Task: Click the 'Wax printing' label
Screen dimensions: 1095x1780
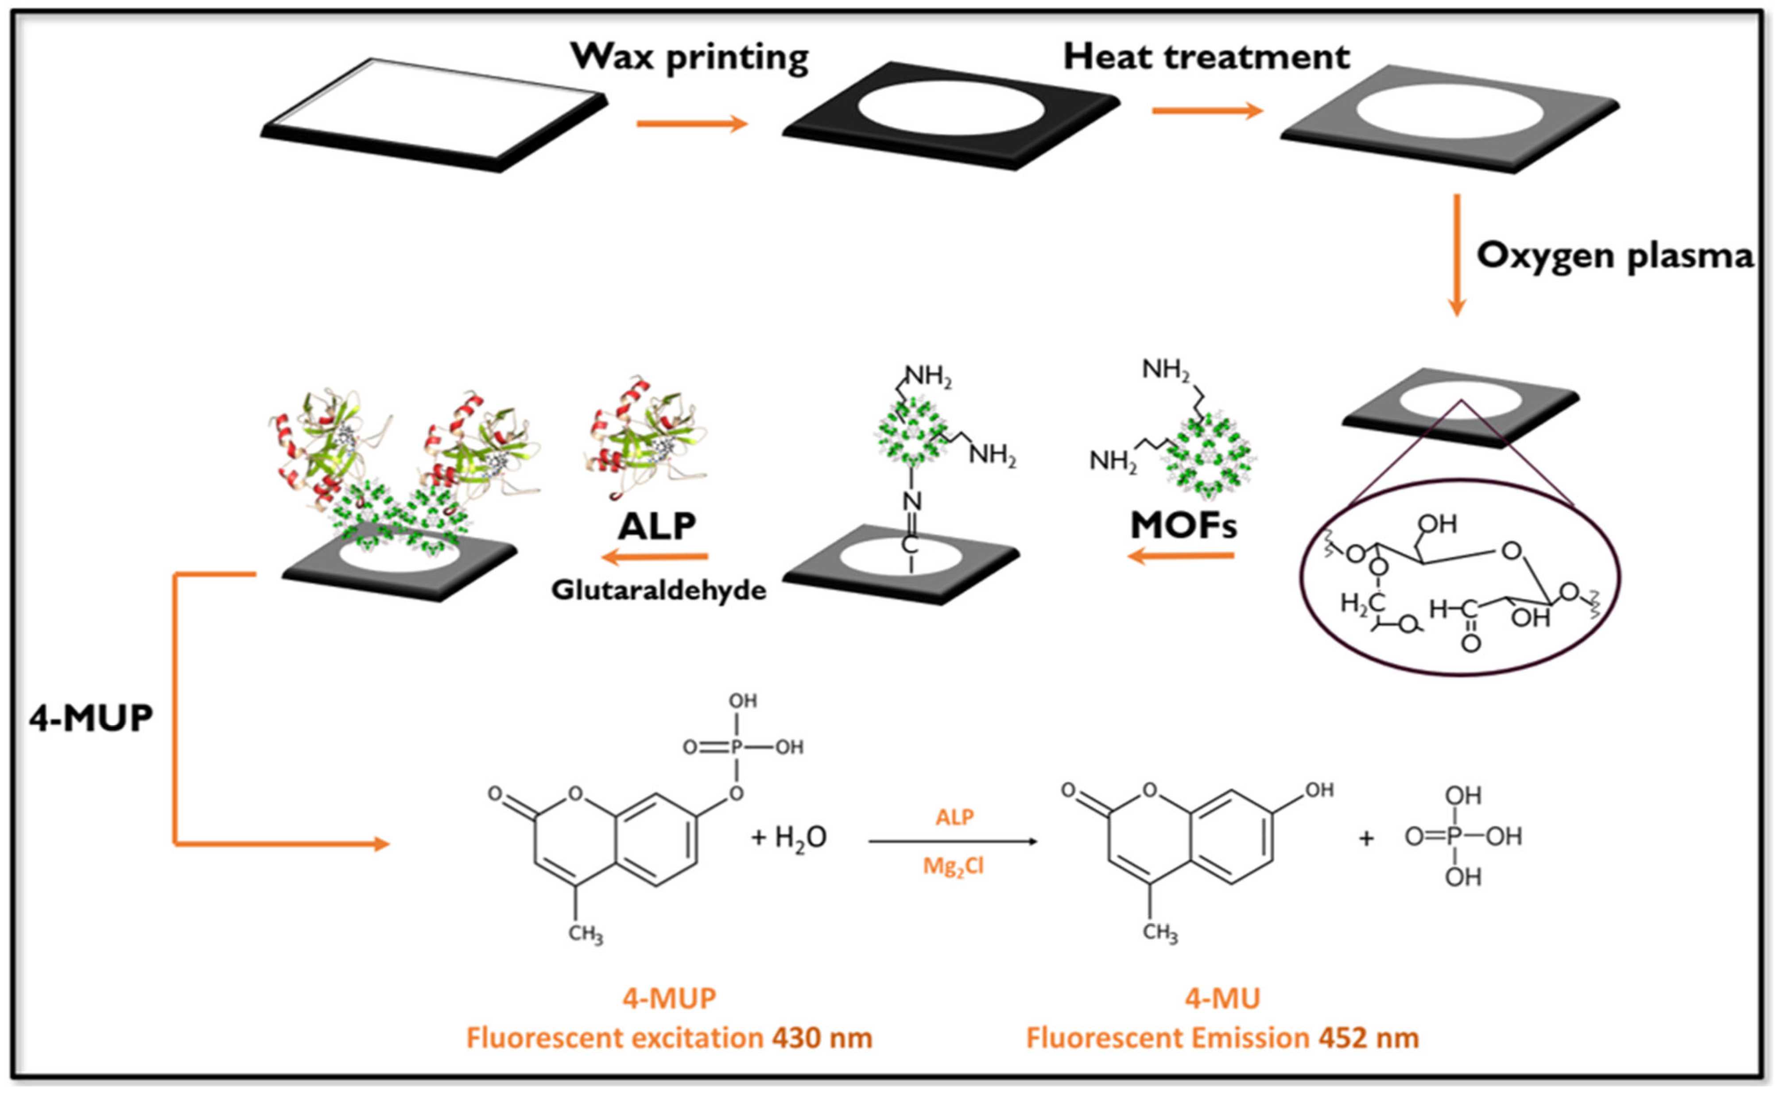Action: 690,57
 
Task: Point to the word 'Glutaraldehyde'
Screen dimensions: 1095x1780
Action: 658,590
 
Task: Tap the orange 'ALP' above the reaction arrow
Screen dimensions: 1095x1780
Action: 954,817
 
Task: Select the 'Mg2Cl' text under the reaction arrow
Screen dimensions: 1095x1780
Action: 953,866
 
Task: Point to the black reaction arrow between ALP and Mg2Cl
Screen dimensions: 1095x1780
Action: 953,842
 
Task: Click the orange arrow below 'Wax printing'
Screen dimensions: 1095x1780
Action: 691,124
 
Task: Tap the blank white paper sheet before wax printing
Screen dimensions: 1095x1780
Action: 434,108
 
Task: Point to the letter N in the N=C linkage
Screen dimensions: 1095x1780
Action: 912,500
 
